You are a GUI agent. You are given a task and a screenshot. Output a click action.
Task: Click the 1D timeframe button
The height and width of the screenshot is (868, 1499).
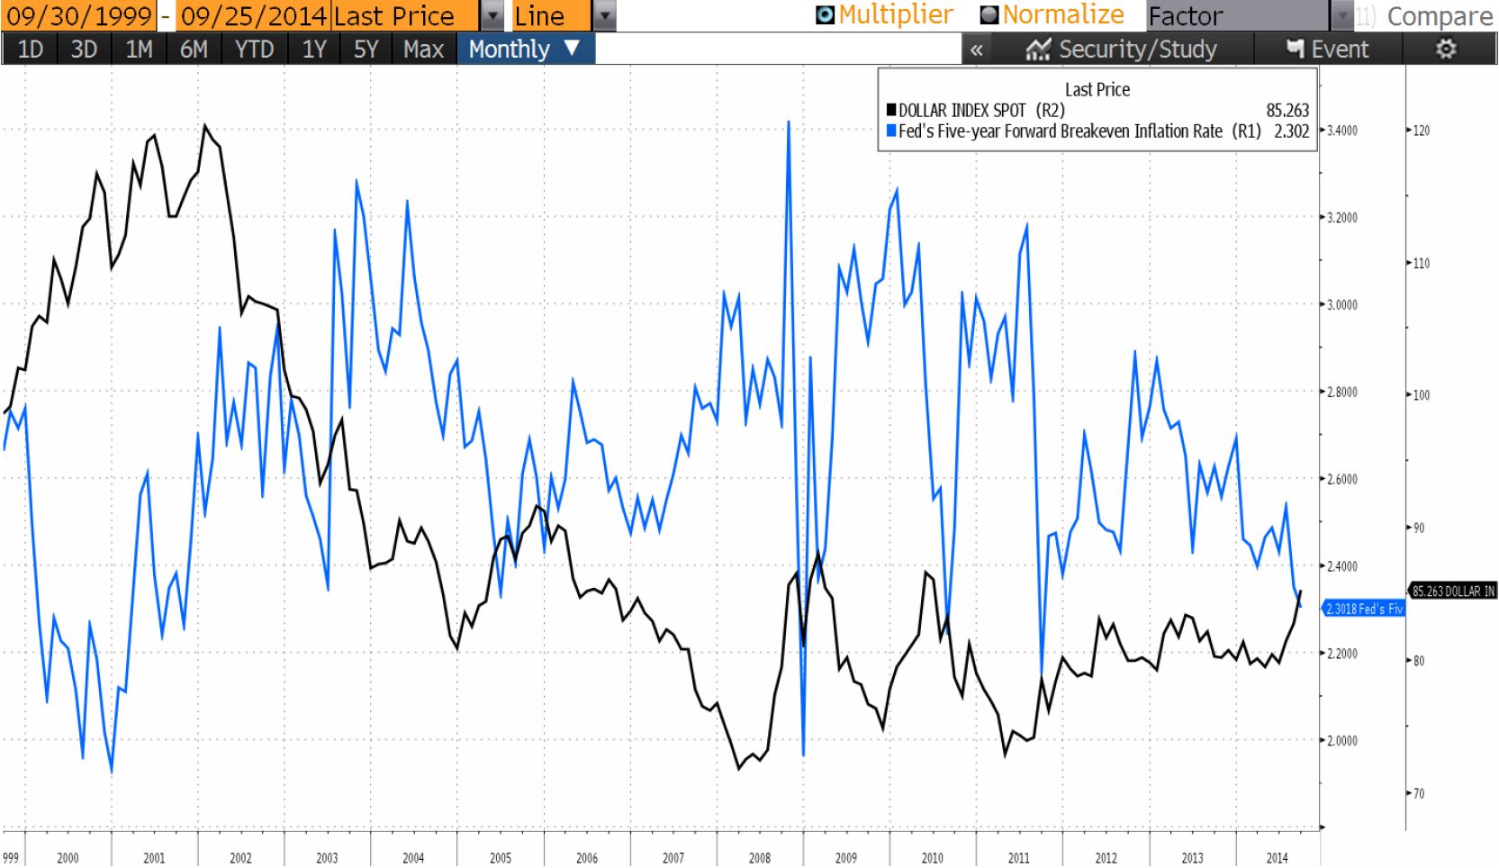(30, 50)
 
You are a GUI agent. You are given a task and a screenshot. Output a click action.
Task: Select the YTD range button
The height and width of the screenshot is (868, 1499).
(254, 50)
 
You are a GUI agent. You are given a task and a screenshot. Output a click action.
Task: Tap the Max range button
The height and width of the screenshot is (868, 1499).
(423, 50)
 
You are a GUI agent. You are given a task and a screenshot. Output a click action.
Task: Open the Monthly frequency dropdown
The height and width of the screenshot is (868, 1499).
(525, 50)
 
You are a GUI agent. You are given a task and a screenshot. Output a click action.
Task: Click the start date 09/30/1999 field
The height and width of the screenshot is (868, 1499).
(79, 16)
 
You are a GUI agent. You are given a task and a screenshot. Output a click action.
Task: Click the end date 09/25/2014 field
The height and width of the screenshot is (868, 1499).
(253, 16)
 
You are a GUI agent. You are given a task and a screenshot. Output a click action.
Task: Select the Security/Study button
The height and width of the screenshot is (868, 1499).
(1122, 50)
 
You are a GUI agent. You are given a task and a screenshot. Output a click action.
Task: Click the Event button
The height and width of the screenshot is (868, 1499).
(1328, 50)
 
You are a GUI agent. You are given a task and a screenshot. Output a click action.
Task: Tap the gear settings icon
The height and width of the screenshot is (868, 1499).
(1446, 50)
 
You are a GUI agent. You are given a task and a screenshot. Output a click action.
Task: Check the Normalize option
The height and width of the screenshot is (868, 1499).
(989, 15)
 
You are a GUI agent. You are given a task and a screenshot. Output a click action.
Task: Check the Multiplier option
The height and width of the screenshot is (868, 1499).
(825, 15)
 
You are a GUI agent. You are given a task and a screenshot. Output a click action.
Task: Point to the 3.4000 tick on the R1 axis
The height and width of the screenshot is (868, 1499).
(1341, 131)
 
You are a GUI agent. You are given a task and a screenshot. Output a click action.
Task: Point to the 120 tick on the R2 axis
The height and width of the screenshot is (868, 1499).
(1421, 131)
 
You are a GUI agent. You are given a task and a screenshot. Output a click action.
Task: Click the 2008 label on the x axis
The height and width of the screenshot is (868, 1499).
(759, 858)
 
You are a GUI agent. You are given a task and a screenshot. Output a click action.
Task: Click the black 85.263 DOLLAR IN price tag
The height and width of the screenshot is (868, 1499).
(1452, 592)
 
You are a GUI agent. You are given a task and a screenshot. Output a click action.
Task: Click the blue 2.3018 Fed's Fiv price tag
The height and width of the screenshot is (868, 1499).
(1363, 610)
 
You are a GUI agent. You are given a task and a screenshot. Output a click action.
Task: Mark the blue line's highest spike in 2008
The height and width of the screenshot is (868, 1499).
(789, 122)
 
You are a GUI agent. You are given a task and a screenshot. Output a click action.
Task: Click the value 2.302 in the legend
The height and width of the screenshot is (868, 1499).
(1291, 131)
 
